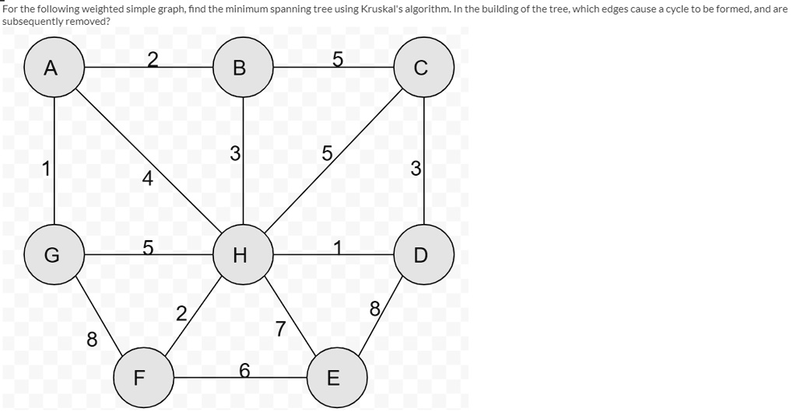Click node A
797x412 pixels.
(54, 68)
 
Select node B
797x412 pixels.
(243, 68)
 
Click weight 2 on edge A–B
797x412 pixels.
(152, 58)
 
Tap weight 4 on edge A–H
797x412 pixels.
(146, 179)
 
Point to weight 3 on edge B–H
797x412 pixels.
(234, 154)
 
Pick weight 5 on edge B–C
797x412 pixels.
(337, 58)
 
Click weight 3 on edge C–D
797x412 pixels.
(416, 168)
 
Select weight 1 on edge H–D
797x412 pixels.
(337, 246)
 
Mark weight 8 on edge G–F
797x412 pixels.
(92, 340)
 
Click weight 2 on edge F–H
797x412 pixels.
(181, 314)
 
